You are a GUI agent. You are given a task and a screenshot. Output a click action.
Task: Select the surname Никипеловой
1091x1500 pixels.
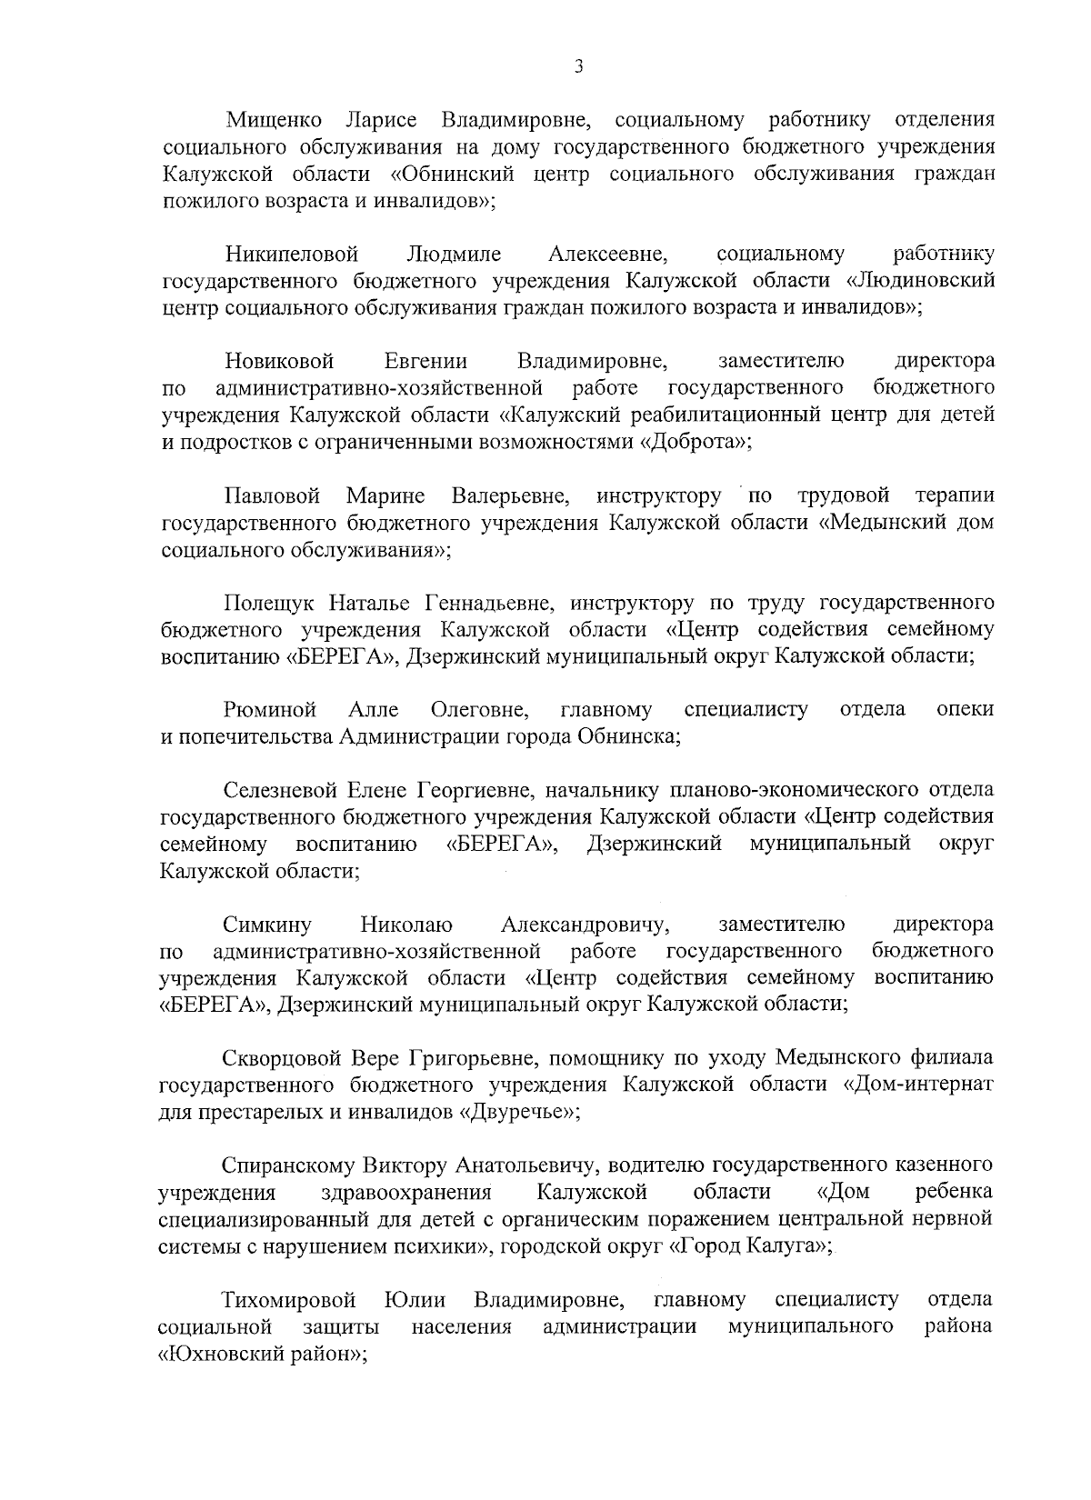click(292, 254)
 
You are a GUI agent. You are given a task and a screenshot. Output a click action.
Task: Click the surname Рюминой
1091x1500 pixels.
click(270, 709)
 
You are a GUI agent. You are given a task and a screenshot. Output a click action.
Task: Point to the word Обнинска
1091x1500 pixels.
click(628, 736)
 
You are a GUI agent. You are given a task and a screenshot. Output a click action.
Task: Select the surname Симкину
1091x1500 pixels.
click(267, 925)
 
